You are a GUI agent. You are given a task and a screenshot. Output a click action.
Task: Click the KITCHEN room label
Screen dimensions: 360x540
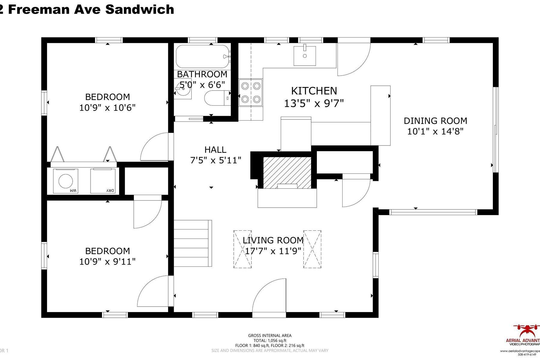click(x=314, y=91)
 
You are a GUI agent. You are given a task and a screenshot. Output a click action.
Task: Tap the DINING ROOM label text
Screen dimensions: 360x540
click(x=435, y=121)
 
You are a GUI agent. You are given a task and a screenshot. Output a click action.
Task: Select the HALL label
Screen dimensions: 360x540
click(x=215, y=149)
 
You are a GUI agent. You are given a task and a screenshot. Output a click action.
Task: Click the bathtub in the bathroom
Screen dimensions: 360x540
click(x=203, y=56)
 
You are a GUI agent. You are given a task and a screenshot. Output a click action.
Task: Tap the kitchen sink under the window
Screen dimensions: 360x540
click(x=304, y=56)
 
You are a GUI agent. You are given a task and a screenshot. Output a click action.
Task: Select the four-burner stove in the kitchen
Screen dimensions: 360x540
click(x=250, y=92)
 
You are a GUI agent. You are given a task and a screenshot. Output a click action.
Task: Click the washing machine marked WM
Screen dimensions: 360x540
click(x=66, y=181)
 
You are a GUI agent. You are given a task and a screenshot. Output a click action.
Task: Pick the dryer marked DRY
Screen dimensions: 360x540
click(x=103, y=181)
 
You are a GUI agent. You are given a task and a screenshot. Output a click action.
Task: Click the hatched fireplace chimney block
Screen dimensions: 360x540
click(x=287, y=172)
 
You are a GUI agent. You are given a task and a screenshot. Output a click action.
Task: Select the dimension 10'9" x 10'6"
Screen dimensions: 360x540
click(x=107, y=108)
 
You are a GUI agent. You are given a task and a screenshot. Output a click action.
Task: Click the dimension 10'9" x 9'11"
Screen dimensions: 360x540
click(x=107, y=262)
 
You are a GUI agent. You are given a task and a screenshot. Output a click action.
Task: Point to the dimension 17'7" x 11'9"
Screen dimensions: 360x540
click(x=273, y=251)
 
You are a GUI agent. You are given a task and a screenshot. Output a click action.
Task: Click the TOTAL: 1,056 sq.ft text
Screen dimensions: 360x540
click(x=270, y=340)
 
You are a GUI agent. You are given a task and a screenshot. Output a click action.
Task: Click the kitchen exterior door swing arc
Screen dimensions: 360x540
click(x=354, y=60)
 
